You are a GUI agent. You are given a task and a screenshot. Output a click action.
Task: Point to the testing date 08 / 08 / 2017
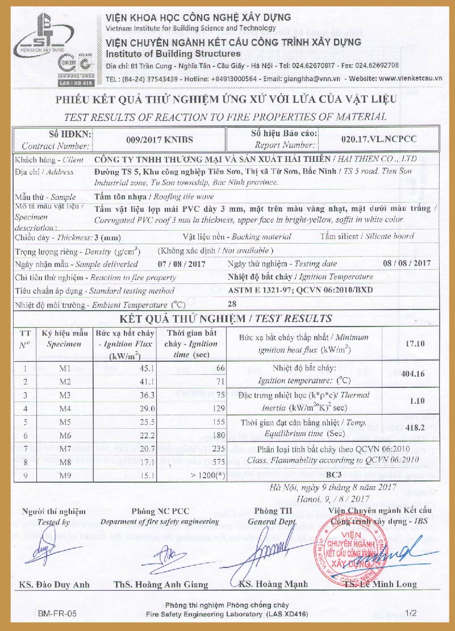[x=407, y=264]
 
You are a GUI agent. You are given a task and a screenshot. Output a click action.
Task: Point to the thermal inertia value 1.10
[x=416, y=400]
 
